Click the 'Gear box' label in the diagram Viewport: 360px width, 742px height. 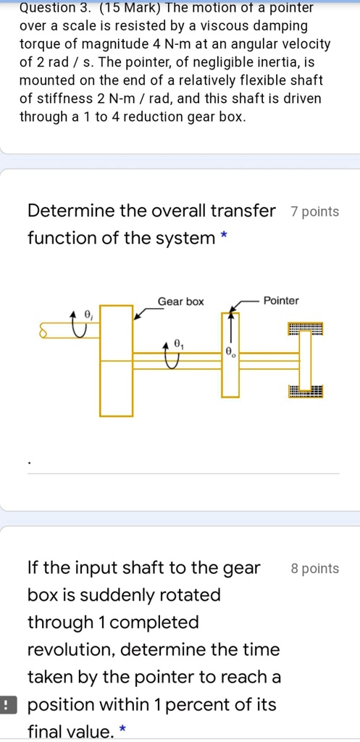(x=181, y=301)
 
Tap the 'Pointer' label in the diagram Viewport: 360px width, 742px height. (x=281, y=301)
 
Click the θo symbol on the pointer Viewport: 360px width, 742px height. (x=230, y=353)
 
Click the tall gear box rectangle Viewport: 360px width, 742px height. (x=116, y=361)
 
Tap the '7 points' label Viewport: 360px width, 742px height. (x=314, y=212)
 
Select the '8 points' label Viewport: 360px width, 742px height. (x=314, y=569)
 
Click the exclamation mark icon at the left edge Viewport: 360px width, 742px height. (x=6, y=704)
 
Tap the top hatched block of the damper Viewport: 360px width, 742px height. (x=305, y=330)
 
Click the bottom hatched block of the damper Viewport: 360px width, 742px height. (x=305, y=392)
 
